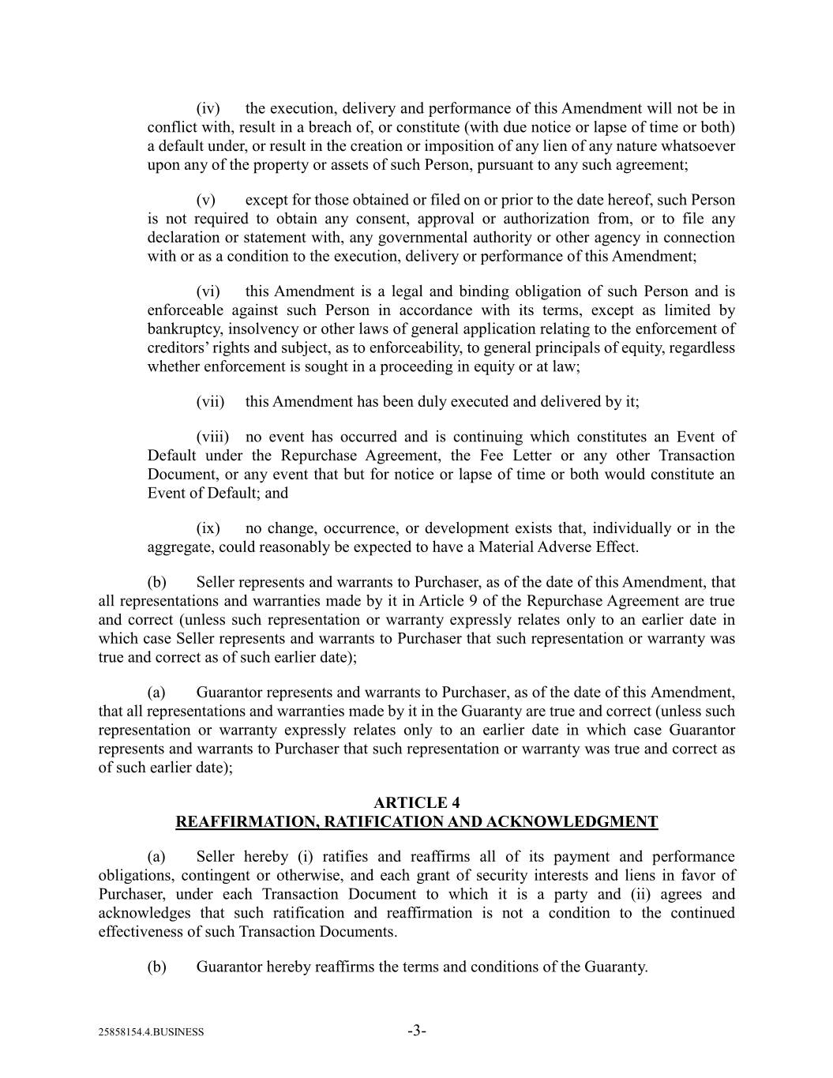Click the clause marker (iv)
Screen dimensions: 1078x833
pos(207,108)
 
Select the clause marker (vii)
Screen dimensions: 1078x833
pos(210,401)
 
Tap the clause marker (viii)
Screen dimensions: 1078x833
pos(212,437)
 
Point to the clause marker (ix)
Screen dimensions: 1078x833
pos(208,528)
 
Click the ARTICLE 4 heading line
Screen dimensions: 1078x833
pos(416,803)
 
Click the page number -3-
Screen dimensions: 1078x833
pos(417,1031)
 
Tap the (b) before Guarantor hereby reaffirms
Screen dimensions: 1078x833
pos(156,967)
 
